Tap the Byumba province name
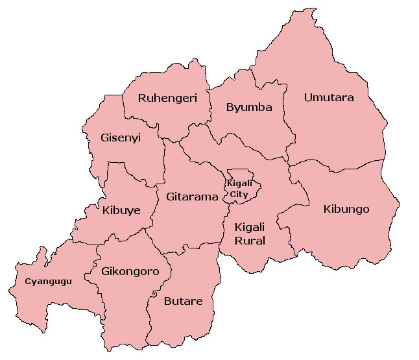click(x=249, y=108)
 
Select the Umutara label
click(x=329, y=98)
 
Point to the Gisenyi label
click(x=121, y=138)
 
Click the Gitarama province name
click(x=192, y=197)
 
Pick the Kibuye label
click(x=121, y=210)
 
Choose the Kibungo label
click(x=346, y=209)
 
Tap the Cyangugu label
click(x=48, y=282)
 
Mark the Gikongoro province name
click(x=130, y=271)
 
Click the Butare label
click(x=183, y=301)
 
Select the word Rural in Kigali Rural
click(x=250, y=241)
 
